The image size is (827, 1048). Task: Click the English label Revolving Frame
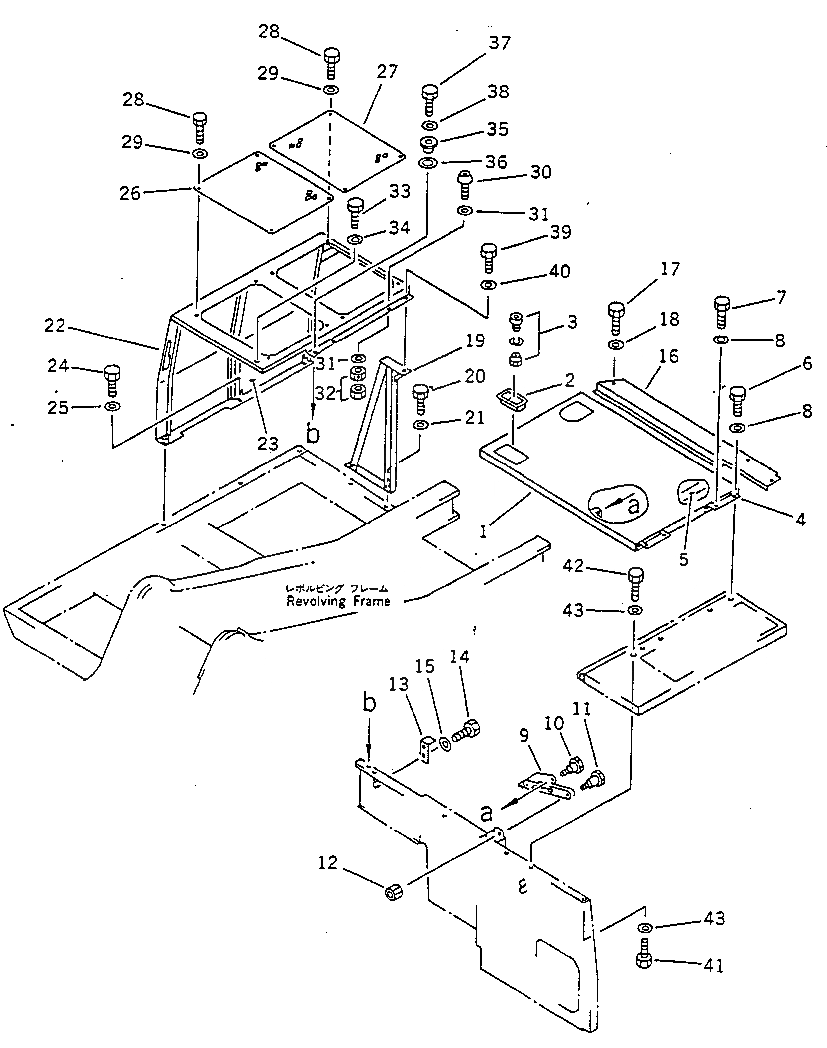point(338,601)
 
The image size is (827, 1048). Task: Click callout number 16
point(669,357)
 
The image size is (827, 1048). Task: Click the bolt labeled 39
point(489,257)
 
